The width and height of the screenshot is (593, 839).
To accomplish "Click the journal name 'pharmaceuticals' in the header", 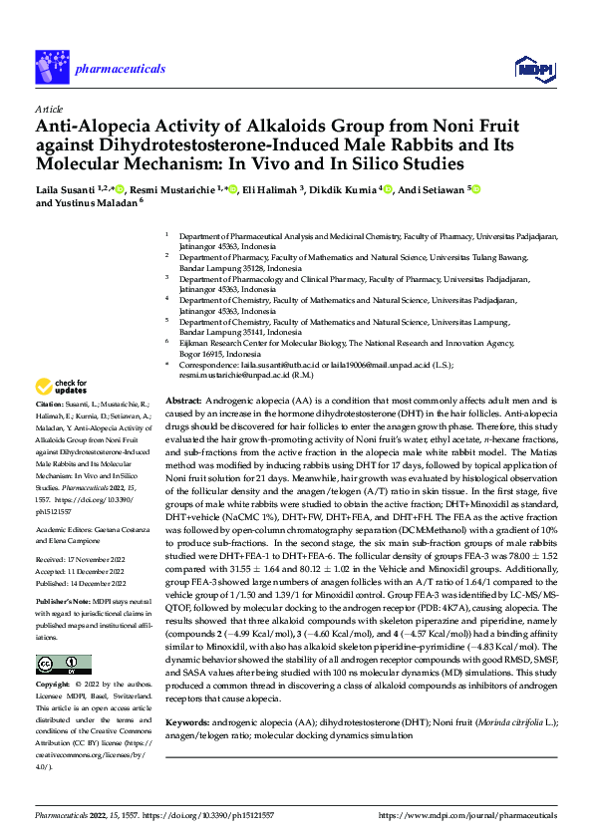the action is [x=120, y=68].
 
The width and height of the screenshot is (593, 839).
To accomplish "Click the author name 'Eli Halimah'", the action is [x=271, y=189].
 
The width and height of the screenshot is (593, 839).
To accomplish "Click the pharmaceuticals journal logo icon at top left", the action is [x=50, y=68].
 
